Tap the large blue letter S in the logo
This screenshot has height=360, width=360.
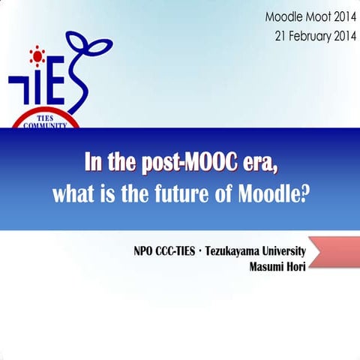click(76, 85)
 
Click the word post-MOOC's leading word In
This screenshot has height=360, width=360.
click(93, 163)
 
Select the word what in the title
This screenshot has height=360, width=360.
click(70, 194)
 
